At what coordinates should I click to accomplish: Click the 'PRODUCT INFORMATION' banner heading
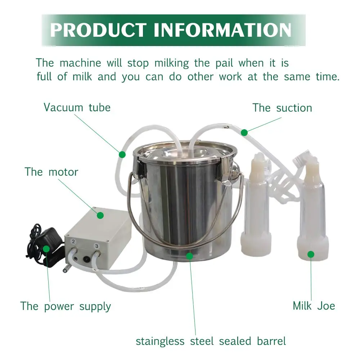point(171,30)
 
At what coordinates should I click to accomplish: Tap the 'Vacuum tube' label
point(77,107)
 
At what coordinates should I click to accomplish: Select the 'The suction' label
point(282,108)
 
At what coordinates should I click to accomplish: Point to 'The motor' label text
point(51,172)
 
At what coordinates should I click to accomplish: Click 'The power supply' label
point(66,306)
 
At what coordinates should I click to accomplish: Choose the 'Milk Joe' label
point(314,306)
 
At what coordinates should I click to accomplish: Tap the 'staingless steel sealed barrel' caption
point(211,341)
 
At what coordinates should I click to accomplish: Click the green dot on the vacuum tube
point(122,154)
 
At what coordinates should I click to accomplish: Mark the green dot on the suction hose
point(244,132)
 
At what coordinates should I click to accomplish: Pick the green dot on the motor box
point(100,215)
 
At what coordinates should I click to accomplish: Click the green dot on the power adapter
point(46,249)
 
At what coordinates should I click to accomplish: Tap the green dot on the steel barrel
point(189,256)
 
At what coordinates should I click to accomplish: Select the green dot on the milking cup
point(311,255)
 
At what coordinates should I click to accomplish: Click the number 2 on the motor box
point(73,242)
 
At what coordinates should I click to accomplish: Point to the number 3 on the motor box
point(96,246)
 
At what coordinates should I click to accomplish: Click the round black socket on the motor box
point(86,259)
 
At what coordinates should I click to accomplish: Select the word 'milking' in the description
point(171,63)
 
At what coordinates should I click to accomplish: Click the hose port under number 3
point(97,254)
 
